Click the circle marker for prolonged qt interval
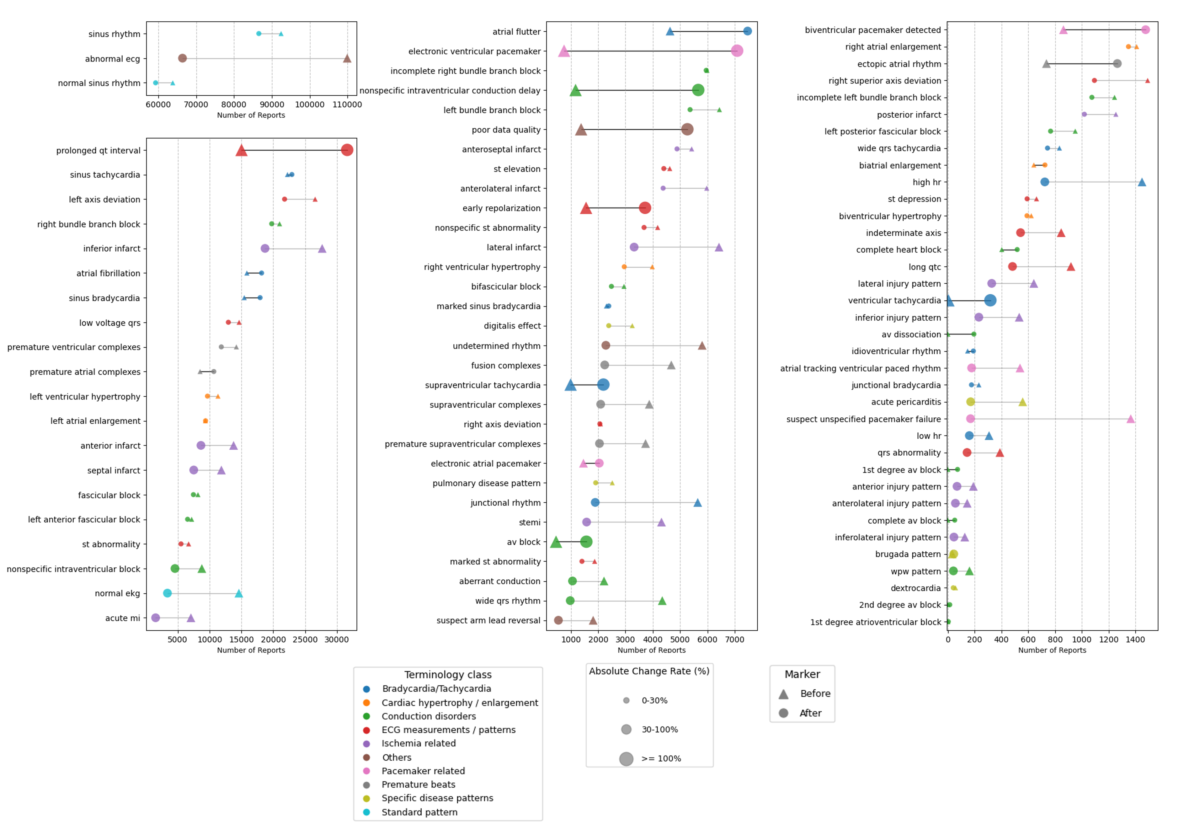click(x=347, y=150)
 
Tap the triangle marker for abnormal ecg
click(x=347, y=58)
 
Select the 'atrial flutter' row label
click(x=516, y=32)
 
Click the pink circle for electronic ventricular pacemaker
click(x=737, y=51)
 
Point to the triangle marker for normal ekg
click(x=239, y=593)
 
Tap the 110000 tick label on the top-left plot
click(x=347, y=104)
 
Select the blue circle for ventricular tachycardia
click(x=990, y=300)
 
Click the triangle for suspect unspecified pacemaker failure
click(x=1130, y=419)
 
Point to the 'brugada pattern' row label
click(x=908, y=554)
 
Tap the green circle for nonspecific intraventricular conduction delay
click(x=698, y=90)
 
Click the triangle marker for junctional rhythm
click(x=697, y=502)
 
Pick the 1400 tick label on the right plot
click(x=1135, y=640)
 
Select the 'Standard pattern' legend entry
click(x=419, y=812)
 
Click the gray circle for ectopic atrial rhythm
click(x=1117, y=64)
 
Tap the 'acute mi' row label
click(x=123, y=618)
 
